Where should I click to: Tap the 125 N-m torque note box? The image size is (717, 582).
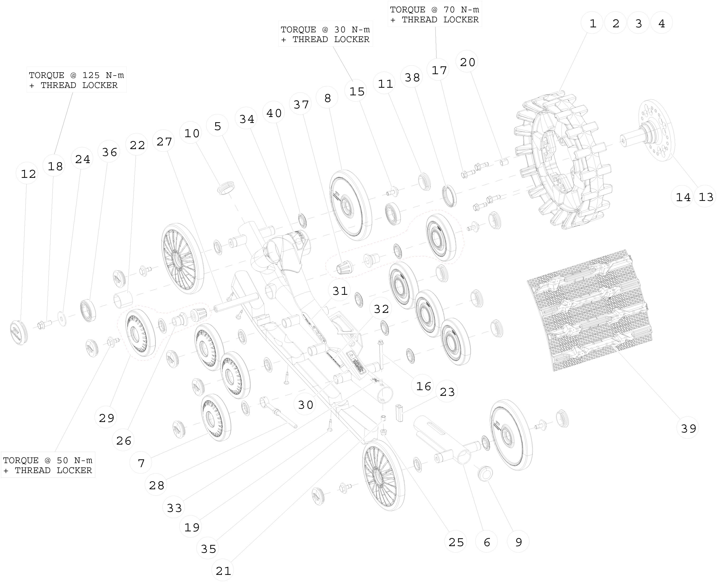76,80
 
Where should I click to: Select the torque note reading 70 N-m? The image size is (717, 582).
435,15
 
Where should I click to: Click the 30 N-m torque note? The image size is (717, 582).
325,34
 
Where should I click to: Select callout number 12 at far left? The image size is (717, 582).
28,174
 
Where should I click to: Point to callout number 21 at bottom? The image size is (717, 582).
223,570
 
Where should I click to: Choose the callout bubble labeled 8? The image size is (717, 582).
327,98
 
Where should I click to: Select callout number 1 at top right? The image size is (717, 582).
592,24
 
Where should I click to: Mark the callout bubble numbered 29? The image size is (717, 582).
106,418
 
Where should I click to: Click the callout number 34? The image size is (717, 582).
247,119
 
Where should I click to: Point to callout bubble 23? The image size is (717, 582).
447,392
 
